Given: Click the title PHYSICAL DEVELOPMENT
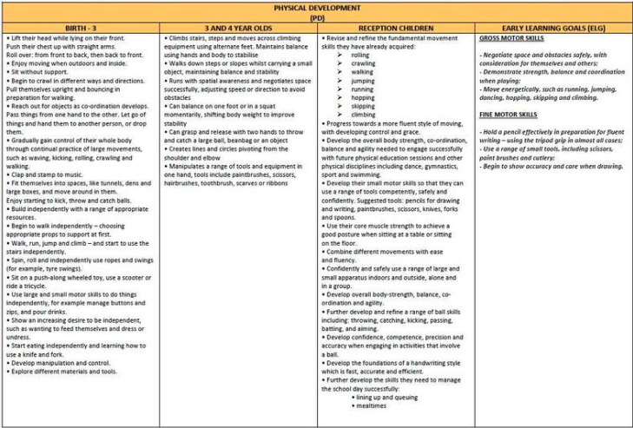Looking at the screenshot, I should pyautogui.click(x=316, y=7).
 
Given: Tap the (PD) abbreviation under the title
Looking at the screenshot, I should pyautogui.click(x=316, y=16).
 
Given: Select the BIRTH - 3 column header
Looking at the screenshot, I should pyautogui.click(x=81, y=27).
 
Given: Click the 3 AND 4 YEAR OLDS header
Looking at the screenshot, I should pyautogui.click(x=238, y=27).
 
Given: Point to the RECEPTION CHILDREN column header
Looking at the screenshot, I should pyautogui.click(x=395, y=27).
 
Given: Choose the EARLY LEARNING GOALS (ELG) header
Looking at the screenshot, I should pyautogui.click(x=552, y=27).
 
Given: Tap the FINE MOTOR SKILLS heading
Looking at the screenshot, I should pyautogui.click(x=510, y=114).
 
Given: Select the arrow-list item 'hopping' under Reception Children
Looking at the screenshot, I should pyautogui.click(x=362, y=98).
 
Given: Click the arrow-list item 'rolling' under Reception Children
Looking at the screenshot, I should pyautogui.click(x=360, y=55).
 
